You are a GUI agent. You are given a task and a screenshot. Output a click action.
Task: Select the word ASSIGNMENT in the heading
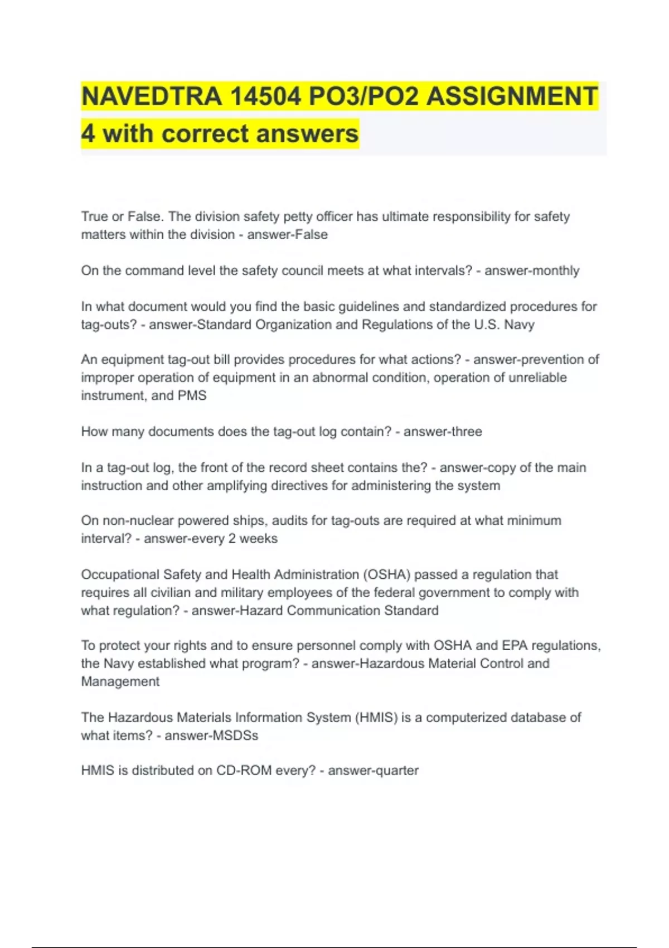coord(512,96)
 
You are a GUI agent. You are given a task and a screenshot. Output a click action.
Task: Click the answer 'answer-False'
coord(287,235)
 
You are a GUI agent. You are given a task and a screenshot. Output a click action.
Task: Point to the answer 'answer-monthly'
coord(532,270)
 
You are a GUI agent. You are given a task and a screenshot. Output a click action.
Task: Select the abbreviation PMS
coord(192,395)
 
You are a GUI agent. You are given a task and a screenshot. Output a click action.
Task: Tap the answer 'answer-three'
coord(443,432)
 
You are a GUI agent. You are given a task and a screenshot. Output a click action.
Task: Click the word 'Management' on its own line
coord(120,681)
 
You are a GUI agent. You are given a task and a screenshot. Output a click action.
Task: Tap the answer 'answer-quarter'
coord(373,771)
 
